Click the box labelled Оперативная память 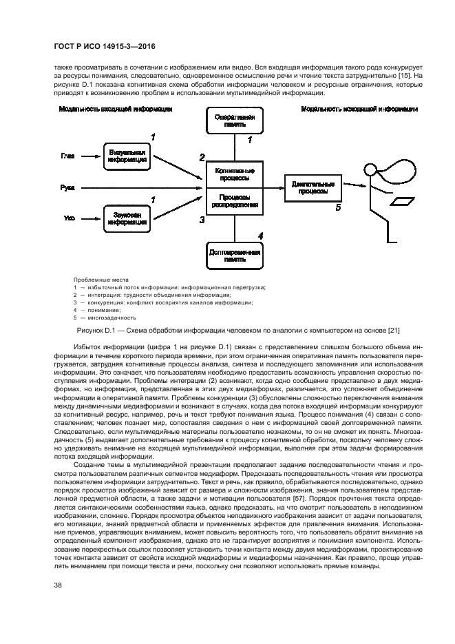234,121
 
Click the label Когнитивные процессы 234,174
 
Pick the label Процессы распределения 234,200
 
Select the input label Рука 67,187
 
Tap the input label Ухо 67,219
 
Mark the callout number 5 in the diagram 337,207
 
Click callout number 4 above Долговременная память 260,236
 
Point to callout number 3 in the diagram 202,220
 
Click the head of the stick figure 370,169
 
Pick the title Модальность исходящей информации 359,109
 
